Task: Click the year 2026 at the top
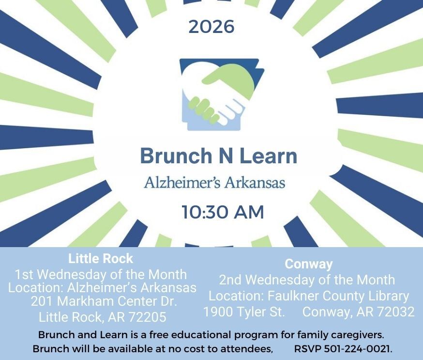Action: click(211, 27)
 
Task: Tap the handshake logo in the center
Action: click(222, 94)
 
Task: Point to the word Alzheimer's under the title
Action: click(182, 182)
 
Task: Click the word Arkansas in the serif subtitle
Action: click(255, 182)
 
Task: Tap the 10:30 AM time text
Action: click(223, 212)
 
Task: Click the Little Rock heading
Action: click(101, 258)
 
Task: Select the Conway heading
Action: click(309, 265)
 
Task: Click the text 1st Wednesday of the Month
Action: click(101, 275)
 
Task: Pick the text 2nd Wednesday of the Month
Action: click(307, 280)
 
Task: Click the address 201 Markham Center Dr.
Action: click(104, 301)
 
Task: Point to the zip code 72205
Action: click(147, 317)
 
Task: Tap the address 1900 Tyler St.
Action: click(244, 312)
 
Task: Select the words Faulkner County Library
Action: click(338, 296)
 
